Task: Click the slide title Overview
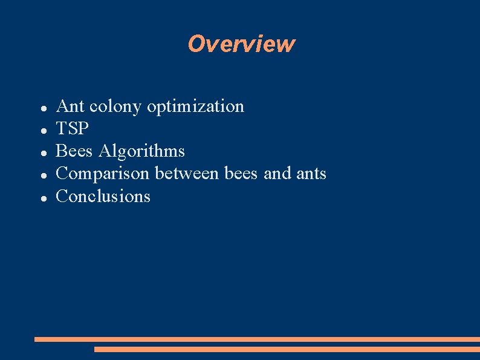pyautogui.click(x=241, y=44)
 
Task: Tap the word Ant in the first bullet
pyautogui.click(x=70, y=106)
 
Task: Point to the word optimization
pyautogui.click(x=195, y=107)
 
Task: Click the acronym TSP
pyautogui.click(x=72, y=129)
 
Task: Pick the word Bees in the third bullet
pyautogui.click(x=74, y=151)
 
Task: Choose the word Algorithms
pyautogui.click(x=142, y=151)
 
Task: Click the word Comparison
pyautogui.click(x=102, y=174)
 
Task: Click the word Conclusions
pyautogui.click(x=103, y=196)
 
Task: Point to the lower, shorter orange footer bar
pyautogui.click(x=287, y=349)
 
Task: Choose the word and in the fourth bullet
pyautogui.click(x=277, y=174)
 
